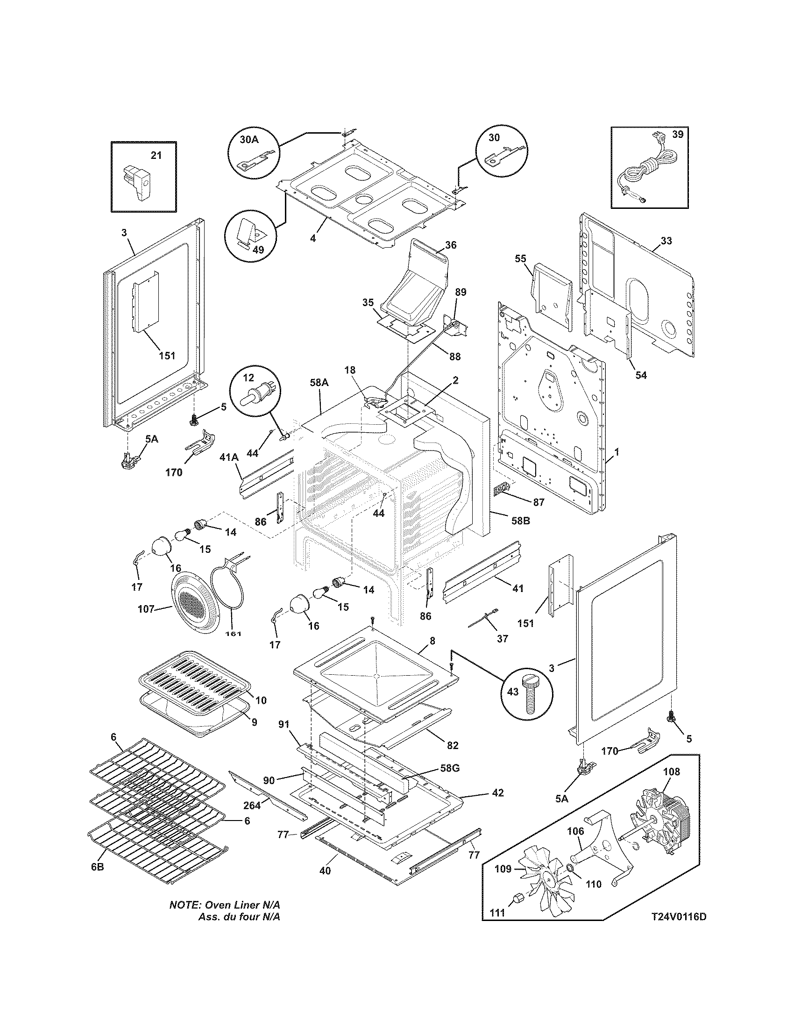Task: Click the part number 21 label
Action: click(x=156, y=155)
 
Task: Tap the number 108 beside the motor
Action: click(x=671, y=772)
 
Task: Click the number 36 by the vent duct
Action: click(x=450, y=245)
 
